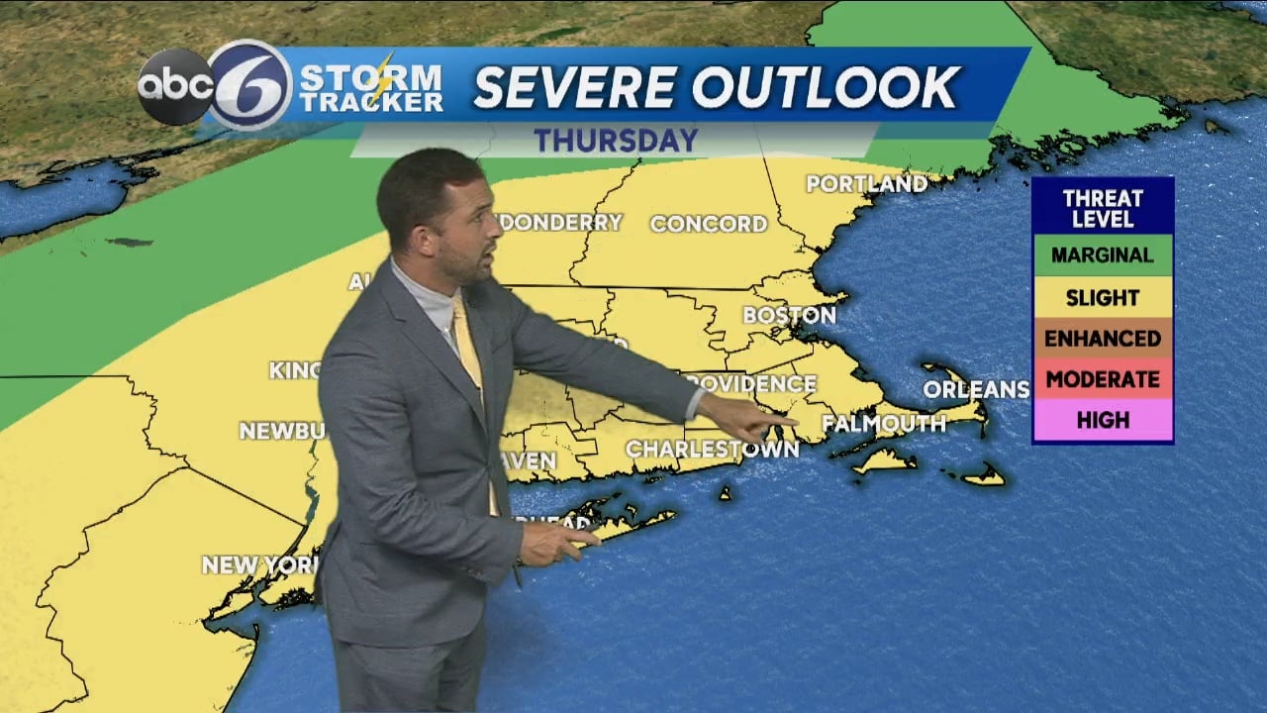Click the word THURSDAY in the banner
(x=617, y=140)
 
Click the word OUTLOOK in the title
(x=826, y=87)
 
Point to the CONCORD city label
(x=709, y=224)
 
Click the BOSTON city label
(x=789, y=315)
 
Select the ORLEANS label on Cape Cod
(x=976, y=389)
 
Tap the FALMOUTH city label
(x=884, y=424)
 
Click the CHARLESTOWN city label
(x=712, y=449)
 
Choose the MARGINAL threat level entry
(x=1102, y=255)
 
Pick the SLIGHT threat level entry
(x=1102, y=297)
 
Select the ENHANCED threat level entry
(x=1102, y=339)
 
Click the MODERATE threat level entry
(x=1102, y=379)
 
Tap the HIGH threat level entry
(x=1102, y=420)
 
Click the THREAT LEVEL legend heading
(x=1102, y=206)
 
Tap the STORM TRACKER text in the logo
(x=370, y=87)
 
